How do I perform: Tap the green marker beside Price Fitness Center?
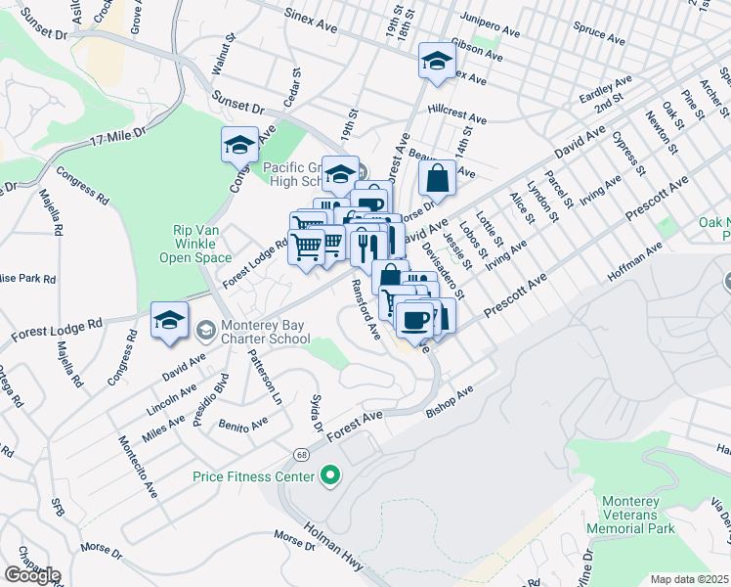(330, 476)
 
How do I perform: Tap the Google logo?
(32, 575)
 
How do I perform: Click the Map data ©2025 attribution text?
(689, 579)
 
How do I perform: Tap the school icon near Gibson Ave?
(436, 62)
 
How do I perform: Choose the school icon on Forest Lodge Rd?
(169, 321)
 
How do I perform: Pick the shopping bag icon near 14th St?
(437, 179)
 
